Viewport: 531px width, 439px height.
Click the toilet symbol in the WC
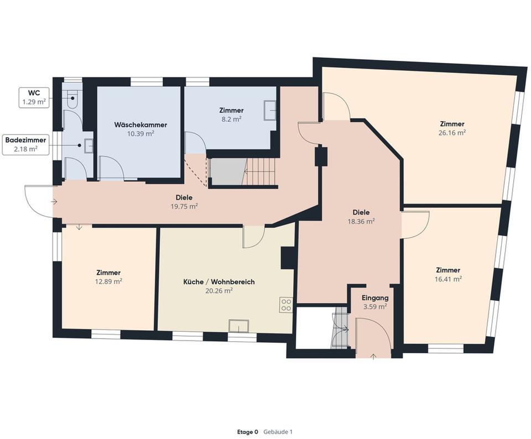pos(72,100)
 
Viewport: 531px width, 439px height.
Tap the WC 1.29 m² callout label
pos(33,97)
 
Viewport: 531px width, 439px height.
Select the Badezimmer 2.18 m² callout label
pos(25,144)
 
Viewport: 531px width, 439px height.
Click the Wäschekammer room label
pos(140,125)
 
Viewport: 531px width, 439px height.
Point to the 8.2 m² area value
pos(231,119)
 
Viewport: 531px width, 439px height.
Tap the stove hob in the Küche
pos(285,304)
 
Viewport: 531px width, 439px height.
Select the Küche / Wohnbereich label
pos(219,282)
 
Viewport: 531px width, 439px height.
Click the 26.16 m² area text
pos(452,133)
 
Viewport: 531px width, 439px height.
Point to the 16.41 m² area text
pos(447,279)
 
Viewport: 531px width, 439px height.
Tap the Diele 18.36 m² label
pos(361,216)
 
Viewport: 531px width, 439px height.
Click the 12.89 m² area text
pos(108,281)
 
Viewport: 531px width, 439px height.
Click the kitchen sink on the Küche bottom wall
pos(242,326)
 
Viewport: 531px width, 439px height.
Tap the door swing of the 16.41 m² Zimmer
pos(415,224)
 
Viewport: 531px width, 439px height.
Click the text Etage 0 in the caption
pos(247,432)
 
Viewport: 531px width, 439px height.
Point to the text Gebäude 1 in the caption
pos(278,432)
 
